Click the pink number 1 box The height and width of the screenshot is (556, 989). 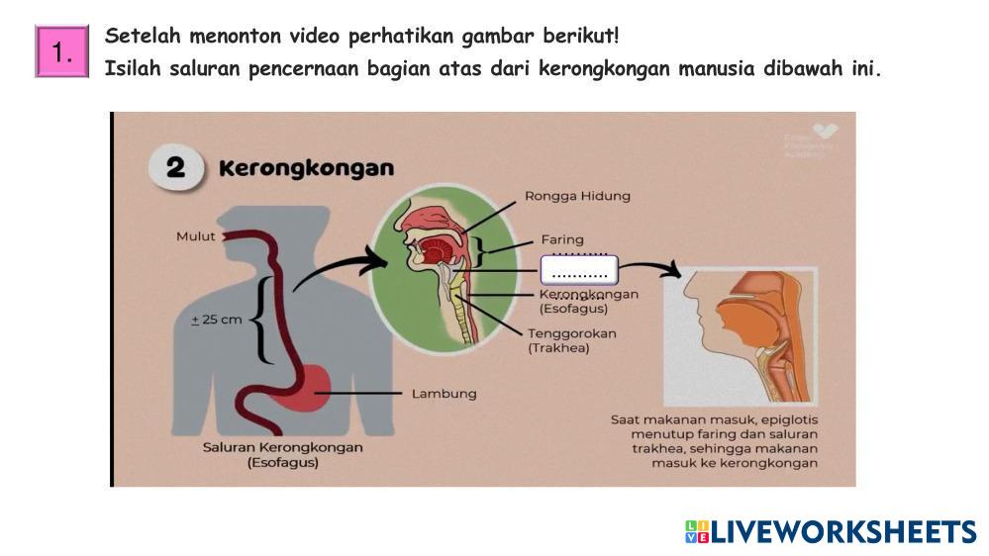62,51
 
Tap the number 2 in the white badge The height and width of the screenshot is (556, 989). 175,168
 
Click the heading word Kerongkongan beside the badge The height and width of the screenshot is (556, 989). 306,168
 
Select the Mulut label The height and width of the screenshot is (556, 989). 195,236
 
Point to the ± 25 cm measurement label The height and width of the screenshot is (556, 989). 216,320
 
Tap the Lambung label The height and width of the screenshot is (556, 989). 444,394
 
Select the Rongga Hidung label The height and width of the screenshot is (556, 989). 577,196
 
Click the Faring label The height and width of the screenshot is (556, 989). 561,239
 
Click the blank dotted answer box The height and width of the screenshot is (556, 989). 579,270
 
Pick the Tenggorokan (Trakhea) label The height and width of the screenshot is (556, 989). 572,340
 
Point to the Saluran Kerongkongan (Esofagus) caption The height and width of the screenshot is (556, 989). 283,454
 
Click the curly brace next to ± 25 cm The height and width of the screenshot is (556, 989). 260,320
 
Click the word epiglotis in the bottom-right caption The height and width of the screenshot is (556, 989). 787,419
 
